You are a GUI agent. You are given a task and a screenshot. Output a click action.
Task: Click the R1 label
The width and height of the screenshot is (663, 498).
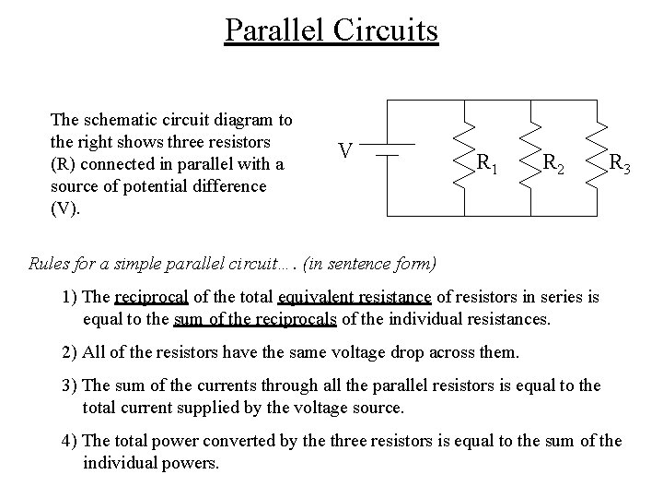click(487, 164)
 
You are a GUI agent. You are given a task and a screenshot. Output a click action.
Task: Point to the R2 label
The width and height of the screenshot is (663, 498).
click(553, 164)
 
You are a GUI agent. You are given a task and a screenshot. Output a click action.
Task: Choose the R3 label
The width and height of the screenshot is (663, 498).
click(619, 164)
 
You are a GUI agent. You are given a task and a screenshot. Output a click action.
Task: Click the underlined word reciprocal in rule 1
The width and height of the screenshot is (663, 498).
click(151, 298)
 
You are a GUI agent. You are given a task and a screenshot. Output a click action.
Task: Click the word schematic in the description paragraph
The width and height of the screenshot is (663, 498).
click(115, 120)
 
